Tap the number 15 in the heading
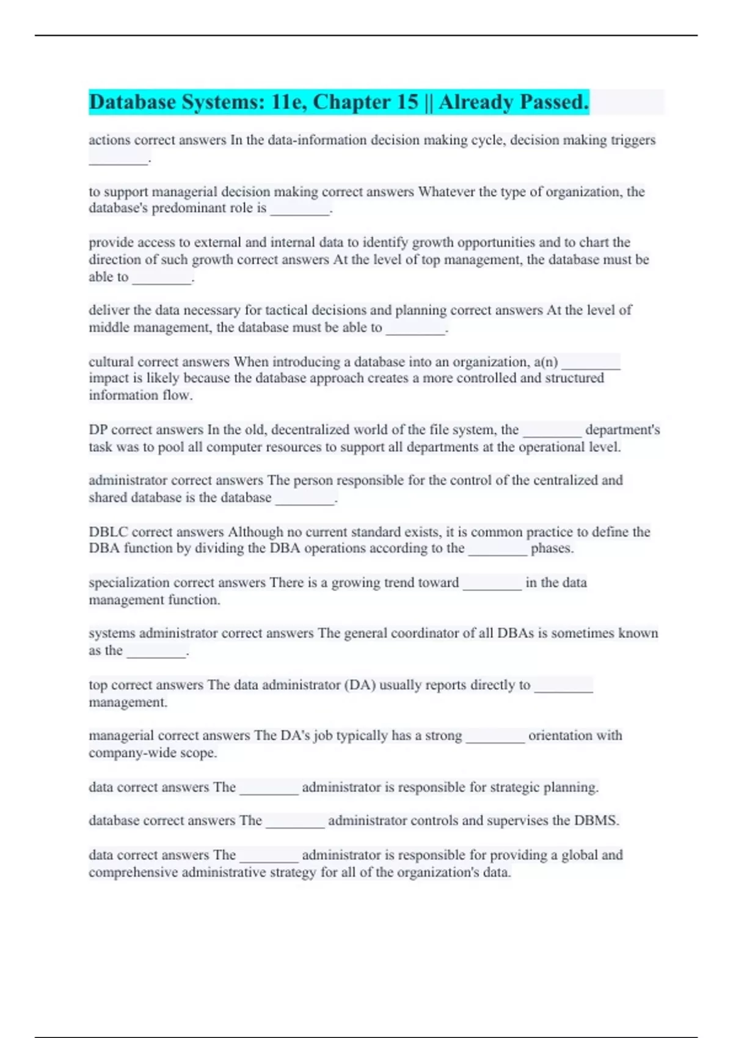(407, 102)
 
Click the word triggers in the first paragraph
(633, 140)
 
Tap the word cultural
(111, 362)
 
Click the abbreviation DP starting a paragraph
(98, 430)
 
